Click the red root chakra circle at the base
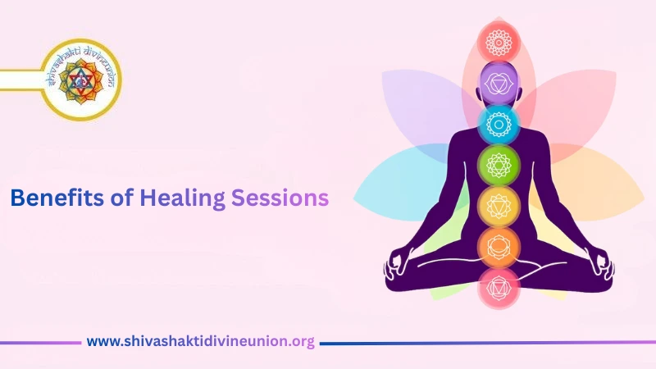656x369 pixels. pos(499,287)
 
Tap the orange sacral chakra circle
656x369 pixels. pos(499,245)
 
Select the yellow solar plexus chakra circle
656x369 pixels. pos(499,205)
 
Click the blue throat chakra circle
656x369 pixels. pos(499,124)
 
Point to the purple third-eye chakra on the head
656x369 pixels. pos(499,83)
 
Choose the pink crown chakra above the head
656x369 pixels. pos(499,40)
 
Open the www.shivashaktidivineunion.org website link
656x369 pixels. pos(201,342)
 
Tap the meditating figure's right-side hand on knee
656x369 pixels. pos(602,264)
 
